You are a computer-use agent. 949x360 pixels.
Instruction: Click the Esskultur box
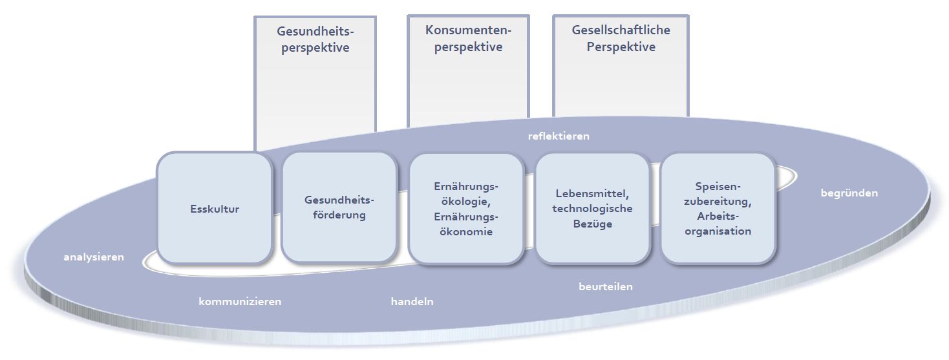214,209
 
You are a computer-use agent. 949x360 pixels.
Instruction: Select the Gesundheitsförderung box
339,207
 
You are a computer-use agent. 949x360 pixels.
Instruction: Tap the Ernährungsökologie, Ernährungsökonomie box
465,209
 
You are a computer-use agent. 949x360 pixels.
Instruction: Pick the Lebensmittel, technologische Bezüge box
593,208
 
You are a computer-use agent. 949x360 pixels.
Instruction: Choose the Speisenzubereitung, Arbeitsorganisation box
718,208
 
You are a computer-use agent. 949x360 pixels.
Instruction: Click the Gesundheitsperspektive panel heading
315,39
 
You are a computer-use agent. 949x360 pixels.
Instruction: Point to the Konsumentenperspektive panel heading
468,38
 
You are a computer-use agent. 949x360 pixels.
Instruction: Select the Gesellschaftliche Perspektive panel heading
621,38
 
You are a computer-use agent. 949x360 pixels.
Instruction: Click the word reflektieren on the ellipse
559,136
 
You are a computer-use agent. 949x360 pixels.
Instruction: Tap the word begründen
849,193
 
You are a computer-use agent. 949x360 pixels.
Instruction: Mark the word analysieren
93,257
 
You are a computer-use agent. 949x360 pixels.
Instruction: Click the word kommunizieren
240,301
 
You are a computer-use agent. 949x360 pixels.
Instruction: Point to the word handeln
412,301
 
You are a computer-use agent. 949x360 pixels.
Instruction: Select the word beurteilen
605,286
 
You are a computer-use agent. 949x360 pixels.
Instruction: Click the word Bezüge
593,224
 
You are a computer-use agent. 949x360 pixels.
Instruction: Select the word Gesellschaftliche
621,30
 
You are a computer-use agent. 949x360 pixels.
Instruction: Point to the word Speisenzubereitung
718,193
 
